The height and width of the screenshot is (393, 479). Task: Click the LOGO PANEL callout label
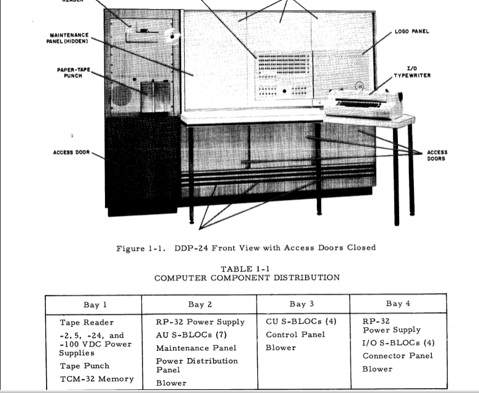click(x=412, y=31)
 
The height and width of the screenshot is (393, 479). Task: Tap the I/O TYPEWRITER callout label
click(x=412, y=72)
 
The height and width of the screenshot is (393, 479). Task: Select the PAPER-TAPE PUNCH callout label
click(x=74, y=72)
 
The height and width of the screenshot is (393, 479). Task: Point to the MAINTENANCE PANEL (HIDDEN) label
click(x=68, y=38)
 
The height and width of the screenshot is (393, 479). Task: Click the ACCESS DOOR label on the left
click(x=71, y=152)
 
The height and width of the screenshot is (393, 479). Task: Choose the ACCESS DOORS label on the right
click(x=437, y=156)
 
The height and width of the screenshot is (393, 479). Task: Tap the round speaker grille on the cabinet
click(x=121, y=95)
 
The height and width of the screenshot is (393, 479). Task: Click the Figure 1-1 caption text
click(x=246, y=248)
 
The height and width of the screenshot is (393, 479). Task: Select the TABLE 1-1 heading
click(x=245, y=269)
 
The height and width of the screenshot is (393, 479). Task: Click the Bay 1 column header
click(x=95, y=305)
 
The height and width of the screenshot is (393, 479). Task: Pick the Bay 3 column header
click(x=302, y=304)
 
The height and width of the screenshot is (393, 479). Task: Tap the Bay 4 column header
click(x=398, y=303)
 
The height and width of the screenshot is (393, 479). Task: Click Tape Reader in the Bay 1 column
click(x=87, y=322)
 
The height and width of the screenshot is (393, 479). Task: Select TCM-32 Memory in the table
click(x=97, y=379)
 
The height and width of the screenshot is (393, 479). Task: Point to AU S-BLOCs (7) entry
click(x=191, y=335)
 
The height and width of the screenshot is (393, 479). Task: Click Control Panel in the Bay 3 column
click(x=295, y=335)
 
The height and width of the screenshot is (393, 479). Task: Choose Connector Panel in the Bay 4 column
click(x=398, y=356)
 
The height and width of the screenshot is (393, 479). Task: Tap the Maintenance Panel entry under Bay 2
click(x=196, y=348)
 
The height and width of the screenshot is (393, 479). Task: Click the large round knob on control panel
click(x=284, y=91)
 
